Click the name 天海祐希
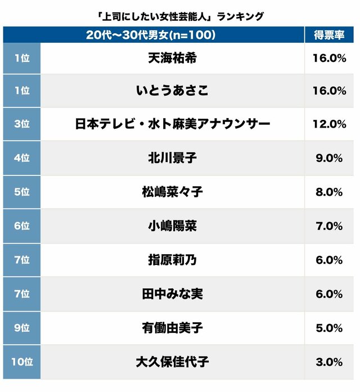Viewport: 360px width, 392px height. (x=172, y=57)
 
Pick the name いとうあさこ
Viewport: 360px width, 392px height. (x=172, y=91)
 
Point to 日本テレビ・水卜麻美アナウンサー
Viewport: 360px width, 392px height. (x=172, y=124)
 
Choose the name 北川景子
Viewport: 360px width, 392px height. (x=172, y=158)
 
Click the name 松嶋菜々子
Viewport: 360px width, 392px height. (x=172, y=192)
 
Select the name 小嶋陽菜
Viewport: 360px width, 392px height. (x=172, y=226)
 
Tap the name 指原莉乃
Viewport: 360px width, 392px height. (x=172, y=260)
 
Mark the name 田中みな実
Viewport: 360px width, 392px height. (x=172, y=294)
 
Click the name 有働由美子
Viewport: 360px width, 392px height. (x=172, y=327)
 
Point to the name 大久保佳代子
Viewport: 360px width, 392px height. (x=172, y=361)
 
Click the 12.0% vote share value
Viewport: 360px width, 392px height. (x=329, y=124)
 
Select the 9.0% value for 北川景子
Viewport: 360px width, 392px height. (x=329, y=158)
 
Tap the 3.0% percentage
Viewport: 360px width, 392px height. (x=329, y=361)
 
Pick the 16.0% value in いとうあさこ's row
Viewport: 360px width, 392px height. (x=329, y=91)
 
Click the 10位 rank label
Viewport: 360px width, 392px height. (x=21, y=361)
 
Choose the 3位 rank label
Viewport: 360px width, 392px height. (x=21, y=124)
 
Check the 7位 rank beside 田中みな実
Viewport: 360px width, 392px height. (x=21, y=294)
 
